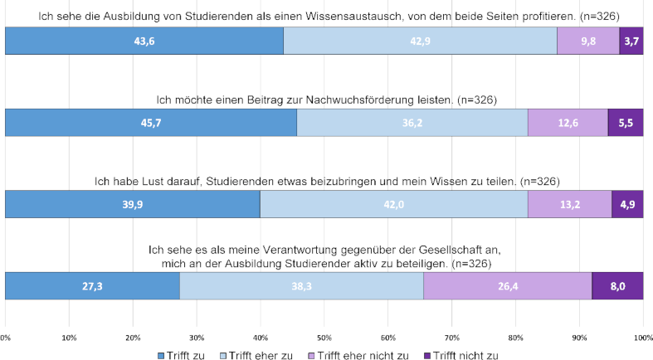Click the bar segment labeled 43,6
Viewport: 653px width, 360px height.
(x=144, y=41)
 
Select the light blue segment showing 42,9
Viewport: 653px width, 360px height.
(x=421, y=41)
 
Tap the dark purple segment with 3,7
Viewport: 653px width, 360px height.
(x=631, y=41)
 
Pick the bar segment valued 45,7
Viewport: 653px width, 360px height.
(x=151, y=122)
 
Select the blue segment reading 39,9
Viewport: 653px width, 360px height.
(x=133, y=203)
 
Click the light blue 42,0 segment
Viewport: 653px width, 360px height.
(x=394, y=203)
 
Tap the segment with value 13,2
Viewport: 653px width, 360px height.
(x=569, y=203)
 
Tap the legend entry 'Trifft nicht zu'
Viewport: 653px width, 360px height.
(x=462, y=353)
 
